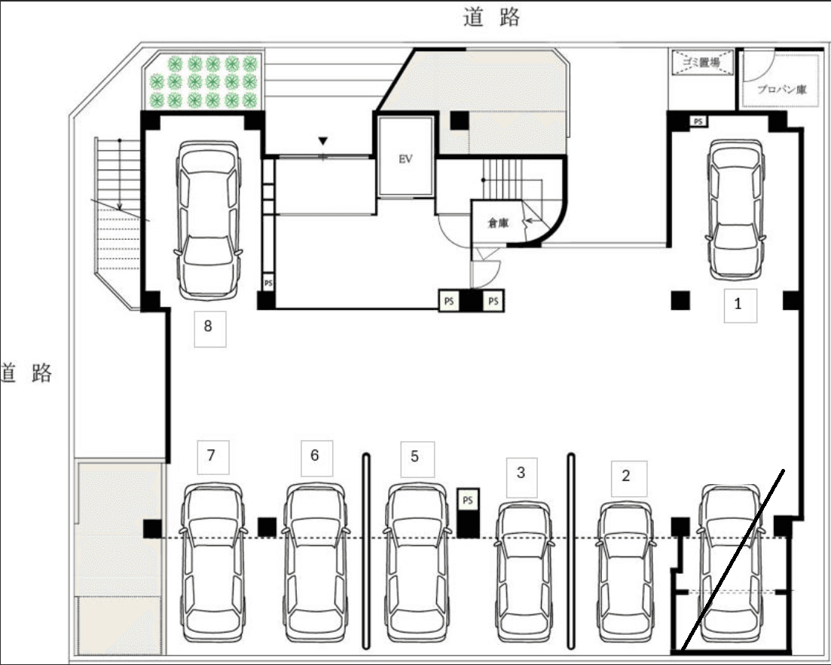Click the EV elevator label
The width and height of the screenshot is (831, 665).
[405, 160]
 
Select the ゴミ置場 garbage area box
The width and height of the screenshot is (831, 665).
[702, 63]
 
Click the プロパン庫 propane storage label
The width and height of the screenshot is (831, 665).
[781, 89]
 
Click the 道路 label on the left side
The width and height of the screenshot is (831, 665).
[26, 373]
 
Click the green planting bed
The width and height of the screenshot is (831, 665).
[203, 81]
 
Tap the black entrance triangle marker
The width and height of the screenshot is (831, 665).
[323, 141]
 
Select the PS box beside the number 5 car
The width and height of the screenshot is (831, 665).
[468, 500]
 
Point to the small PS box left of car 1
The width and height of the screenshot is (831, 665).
[699, 121]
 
